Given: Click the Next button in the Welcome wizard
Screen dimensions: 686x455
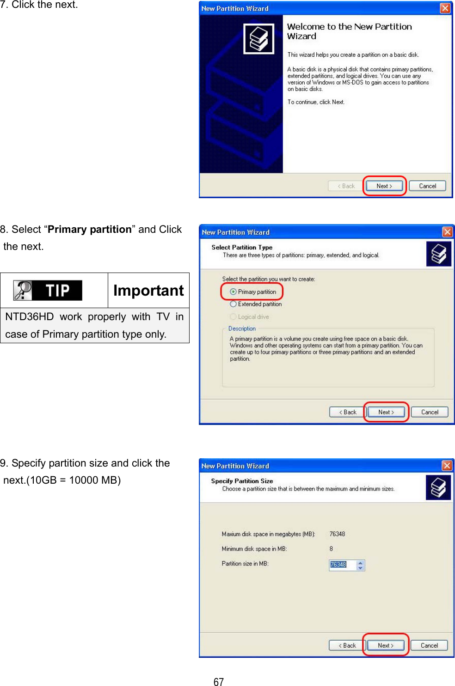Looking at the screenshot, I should (x=384, y=186).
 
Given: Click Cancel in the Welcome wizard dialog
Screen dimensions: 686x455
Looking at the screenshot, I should (x=427, y=186).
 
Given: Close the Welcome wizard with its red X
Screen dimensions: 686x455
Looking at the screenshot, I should (x=445, y=8).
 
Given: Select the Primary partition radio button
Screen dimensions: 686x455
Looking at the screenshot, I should (x=234, y=291).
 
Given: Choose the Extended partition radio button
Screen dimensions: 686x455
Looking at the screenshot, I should (x=234, y=304).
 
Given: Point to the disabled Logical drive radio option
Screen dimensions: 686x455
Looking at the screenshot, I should (x=234, y=316).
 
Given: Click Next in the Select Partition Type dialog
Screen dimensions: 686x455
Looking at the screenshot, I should (x=386, y=412).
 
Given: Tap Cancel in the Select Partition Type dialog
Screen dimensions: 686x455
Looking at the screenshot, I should (x=430, y=412).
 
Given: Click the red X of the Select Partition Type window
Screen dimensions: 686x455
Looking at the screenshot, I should (x=447, y=232).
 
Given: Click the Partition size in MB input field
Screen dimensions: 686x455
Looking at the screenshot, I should (x=342, y=565).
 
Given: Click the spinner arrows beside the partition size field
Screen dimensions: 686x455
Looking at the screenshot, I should (x=360, y=565).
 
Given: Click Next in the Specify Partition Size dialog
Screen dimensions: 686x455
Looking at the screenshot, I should (x=386, y=645).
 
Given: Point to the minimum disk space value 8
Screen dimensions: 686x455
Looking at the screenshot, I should (x=331, y=549).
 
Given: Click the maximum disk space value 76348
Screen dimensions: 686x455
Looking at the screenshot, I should (x=337, y=534).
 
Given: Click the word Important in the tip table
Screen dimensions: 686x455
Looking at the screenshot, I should (x=148, y=290).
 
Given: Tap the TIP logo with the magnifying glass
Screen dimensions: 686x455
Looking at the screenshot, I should (x=48, y=290).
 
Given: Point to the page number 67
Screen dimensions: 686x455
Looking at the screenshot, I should (x=219, y=682).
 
